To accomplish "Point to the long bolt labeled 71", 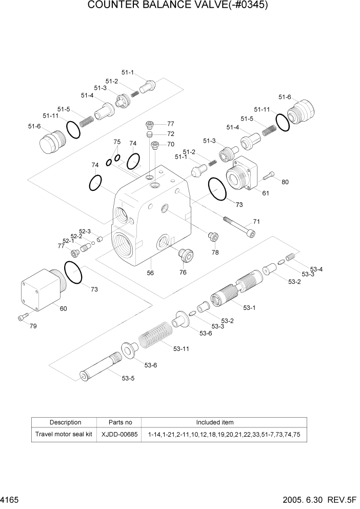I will coord(239,227).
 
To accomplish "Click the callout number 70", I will coord(171,144).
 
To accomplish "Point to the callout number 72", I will coord(171,134).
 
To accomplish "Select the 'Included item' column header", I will coord(214,422).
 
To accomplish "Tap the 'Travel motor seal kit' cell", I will coord(64,434).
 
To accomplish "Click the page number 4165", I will coord(11,499).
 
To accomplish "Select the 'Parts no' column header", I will coord(121,422).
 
